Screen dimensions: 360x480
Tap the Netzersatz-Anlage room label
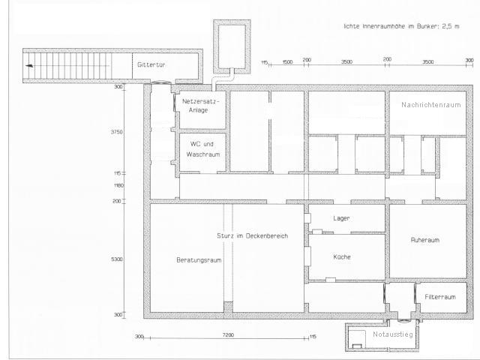(x=200, y=105)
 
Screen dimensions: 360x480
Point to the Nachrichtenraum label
(x=430, y=105)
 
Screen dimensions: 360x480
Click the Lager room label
(x=342, y=218)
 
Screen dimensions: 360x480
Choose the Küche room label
(x=342, y=256)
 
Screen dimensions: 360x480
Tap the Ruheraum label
(x=424, y=241)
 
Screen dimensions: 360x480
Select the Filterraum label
(x=440, y=297)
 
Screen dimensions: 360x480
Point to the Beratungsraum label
(x=199, y=260)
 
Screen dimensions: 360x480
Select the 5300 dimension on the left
(x=118, y=259)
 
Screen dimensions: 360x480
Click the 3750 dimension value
(x=117, y=131)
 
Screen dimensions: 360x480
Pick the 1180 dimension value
(x=118, y=185)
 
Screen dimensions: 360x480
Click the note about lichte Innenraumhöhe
(x=400, y=25)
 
